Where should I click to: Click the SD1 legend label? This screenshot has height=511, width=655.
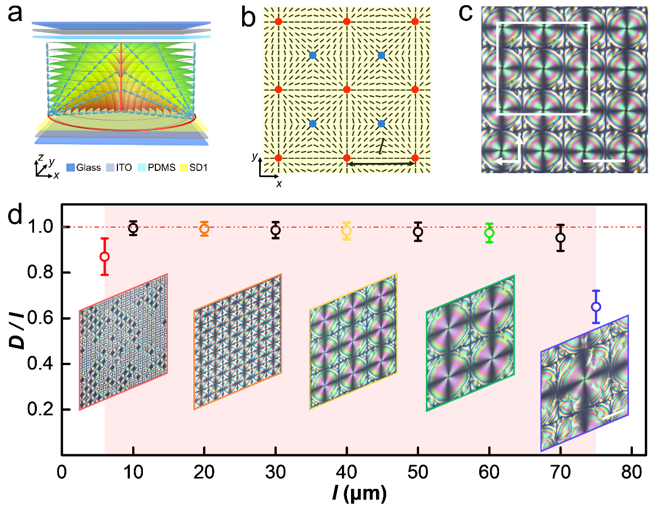192,167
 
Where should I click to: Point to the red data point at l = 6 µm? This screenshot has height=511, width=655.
104,257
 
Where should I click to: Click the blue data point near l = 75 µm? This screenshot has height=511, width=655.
596,307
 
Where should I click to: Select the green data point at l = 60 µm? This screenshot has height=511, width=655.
489,233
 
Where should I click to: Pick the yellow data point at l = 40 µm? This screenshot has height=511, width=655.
346,231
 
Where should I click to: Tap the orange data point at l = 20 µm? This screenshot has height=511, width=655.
204,229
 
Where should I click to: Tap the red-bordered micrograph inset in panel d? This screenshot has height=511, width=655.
123,342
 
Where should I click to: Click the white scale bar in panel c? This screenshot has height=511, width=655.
603,161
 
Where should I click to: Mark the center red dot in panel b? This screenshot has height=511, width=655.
346,89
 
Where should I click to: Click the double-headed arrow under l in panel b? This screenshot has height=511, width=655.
381,164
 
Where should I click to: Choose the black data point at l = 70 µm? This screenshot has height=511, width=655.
560,237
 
